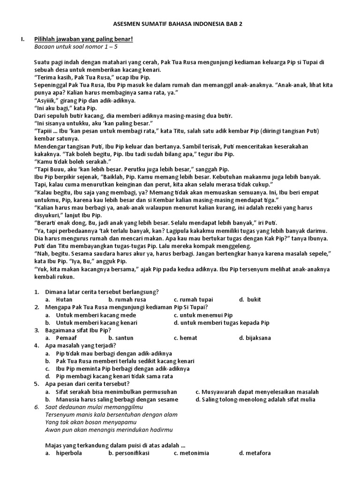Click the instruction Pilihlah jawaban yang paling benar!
[84, 39]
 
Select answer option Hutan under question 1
[64, 300]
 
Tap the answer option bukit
[254, 300]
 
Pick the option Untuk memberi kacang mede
[96, 315]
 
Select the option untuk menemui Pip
[203, 315]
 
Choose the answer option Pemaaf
[66, 338]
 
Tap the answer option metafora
[255, 453]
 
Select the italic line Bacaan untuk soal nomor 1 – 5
[76, 46]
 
